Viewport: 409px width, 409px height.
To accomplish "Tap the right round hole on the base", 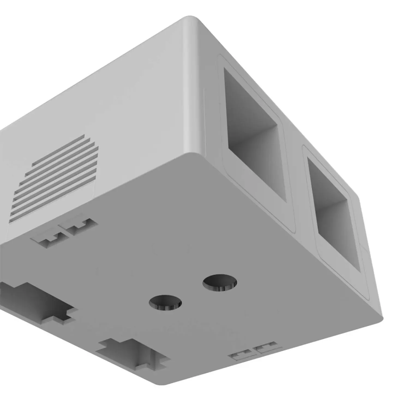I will (220, 283).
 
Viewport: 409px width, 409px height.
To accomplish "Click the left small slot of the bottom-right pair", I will (240, 355).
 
